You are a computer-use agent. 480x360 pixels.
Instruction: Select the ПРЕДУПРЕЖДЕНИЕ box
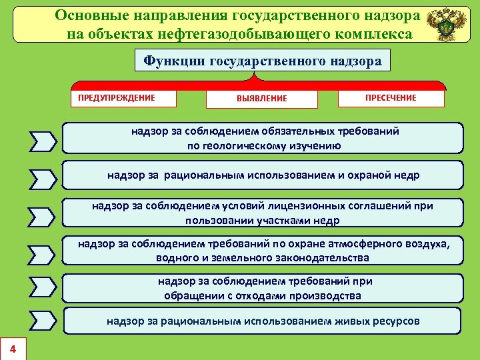124,98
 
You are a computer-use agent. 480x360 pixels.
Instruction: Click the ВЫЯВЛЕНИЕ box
261,99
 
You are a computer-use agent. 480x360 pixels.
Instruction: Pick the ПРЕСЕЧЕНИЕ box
391,98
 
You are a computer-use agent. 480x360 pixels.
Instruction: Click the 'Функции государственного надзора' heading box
262,61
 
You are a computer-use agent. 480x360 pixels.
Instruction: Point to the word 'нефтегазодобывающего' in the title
249,33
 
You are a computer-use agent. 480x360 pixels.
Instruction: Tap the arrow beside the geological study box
43,141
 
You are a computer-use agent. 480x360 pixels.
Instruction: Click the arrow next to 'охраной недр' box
43,178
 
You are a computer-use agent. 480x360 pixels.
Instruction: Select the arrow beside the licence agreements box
43,215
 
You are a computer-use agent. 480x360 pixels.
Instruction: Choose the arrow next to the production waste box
43,287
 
